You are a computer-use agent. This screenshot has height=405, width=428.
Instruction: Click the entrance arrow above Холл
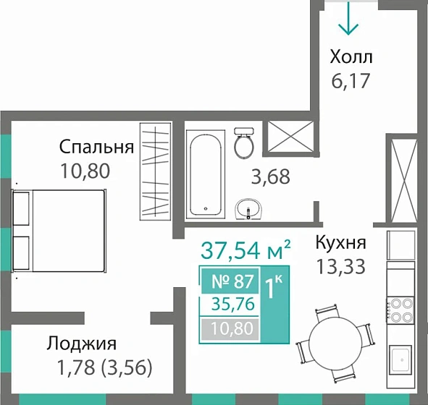(x=349, y=19)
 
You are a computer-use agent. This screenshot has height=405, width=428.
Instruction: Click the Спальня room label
(x=96, y=148)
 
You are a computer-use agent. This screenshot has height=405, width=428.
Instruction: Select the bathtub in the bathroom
(x=208, y=174)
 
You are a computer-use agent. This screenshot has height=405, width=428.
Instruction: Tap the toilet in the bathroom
(x=243, y=144)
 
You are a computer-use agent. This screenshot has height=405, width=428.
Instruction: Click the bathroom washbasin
(x=249, y=209)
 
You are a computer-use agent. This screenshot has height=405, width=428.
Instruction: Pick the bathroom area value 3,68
(x=269, y=176)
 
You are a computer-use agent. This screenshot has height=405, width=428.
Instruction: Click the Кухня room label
(x=340, y=243)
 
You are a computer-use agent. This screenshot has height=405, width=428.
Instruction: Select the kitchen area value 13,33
(x=340, y=266)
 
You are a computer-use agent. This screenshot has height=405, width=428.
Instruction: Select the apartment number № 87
(x=228, y=282)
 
